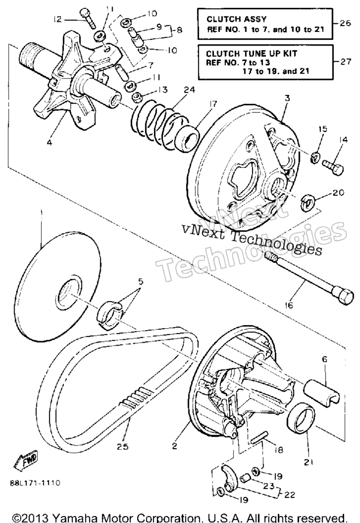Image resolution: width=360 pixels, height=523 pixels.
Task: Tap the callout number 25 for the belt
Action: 123,446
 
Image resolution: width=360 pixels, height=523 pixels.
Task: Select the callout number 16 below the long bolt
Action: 289,305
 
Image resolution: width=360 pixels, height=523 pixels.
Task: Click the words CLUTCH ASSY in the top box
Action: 236,19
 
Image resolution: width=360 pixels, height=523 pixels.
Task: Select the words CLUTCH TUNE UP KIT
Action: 251,54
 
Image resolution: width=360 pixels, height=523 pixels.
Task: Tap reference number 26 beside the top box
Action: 345,23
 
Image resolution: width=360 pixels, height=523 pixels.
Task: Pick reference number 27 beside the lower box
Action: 345,62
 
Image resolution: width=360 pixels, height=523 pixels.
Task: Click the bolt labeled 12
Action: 88,18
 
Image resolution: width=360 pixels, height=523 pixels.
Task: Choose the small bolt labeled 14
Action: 333,167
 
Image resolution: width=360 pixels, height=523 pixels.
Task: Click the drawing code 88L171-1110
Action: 37,483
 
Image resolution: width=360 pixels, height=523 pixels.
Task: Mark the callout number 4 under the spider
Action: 49,143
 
